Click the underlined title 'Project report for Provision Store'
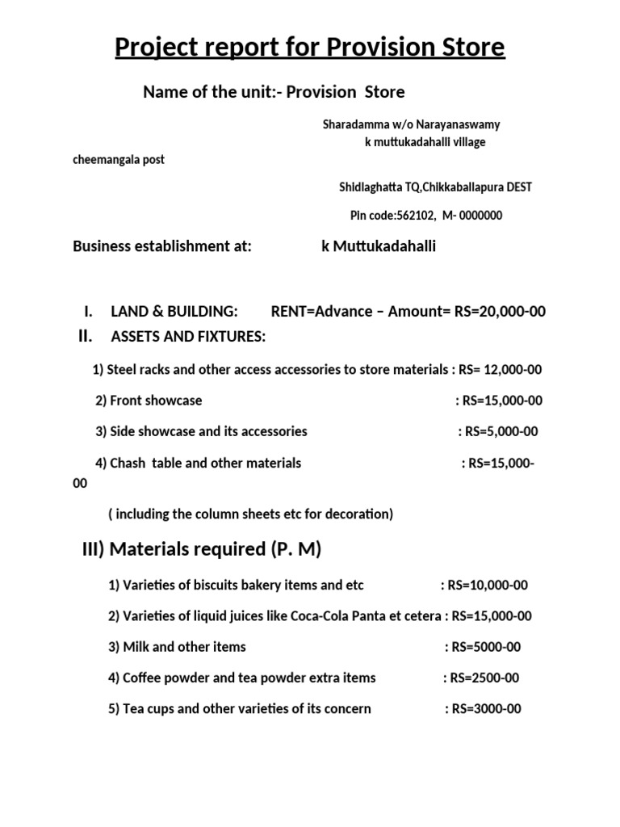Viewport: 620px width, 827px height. pyautogui.click(x=310, y=48)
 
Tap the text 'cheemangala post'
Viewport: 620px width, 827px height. pyautogui.click(x=119, y=159)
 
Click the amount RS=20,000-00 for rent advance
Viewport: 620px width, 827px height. pyautogui.click(x=500, y=312)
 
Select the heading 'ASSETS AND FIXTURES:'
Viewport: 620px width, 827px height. pyautogui.click(x=188, y=336)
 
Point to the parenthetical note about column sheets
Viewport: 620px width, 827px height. pyautogui.click(x=250, y=514)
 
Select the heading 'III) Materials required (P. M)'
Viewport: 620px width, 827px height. pyautogui.click(x=202, y=550)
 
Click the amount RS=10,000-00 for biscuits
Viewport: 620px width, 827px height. pyautogui.click(x=485, y=585)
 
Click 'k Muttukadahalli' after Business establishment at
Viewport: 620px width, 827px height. pyautogui.click(x=379, y=246)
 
